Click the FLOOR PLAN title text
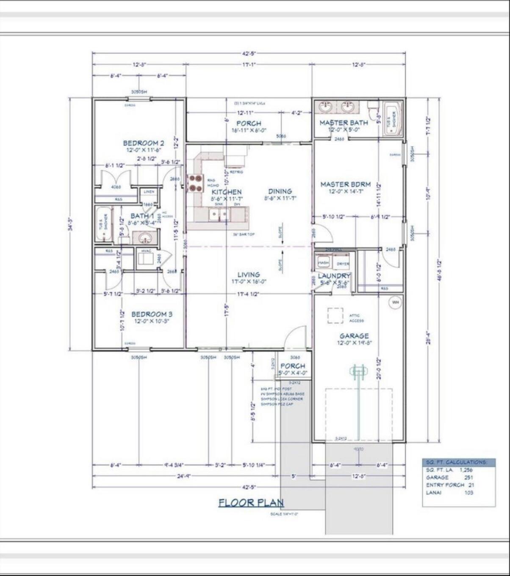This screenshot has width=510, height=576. pyautogui.click(x=251, y=502)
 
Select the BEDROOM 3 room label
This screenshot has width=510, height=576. pyautogui.click(x=152, y=314)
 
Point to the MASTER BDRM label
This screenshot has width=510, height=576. pyautogui.click(x=345, y=184)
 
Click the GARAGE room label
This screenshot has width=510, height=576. pyautogui.click(x=354, y=336)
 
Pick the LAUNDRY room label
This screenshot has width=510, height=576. pyautogui.click(x=334, y=276)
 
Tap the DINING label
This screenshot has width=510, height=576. pyautogui.click(x=280, y=191)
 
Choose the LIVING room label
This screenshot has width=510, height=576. pyautogui.click(x=248, y=274)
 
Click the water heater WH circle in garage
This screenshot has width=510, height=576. pyautogui.click(x=395, y=302)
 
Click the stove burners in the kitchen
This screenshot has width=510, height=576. pyautogui.click(x=195, y=183)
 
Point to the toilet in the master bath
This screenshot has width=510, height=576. pyautogui.click(x=373, y=111)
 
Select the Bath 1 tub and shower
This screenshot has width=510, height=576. pyautogui.click(x=103, y=224)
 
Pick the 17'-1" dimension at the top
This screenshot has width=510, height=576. pyautogui.click(x=249, y=65)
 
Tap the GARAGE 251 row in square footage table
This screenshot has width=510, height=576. pyautogui.click(x=449, y=477)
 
